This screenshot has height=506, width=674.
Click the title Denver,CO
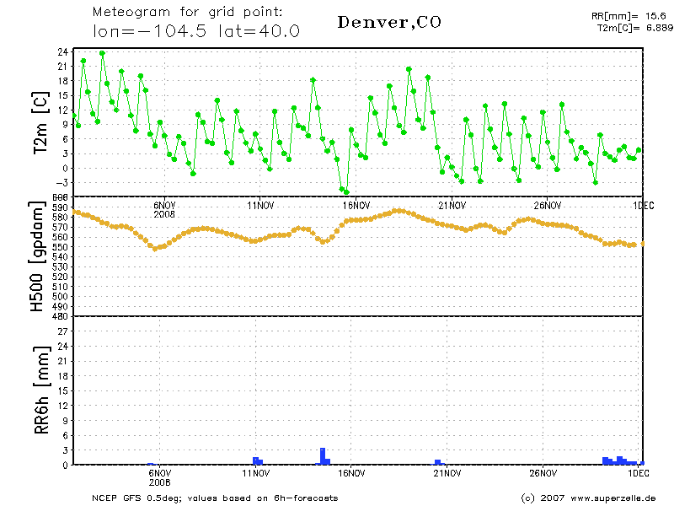tap(388, 22)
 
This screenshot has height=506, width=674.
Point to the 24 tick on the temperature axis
tap(62, 51)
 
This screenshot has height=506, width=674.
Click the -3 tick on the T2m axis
tap(62, 182)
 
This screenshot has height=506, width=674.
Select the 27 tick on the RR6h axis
tap(62, 331)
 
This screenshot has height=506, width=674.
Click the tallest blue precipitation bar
tap(323, 455)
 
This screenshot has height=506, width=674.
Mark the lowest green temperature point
tap(346, 192)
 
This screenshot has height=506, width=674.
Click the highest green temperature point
tap(102, 53)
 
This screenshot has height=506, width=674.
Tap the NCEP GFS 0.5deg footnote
tap(215, 498)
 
